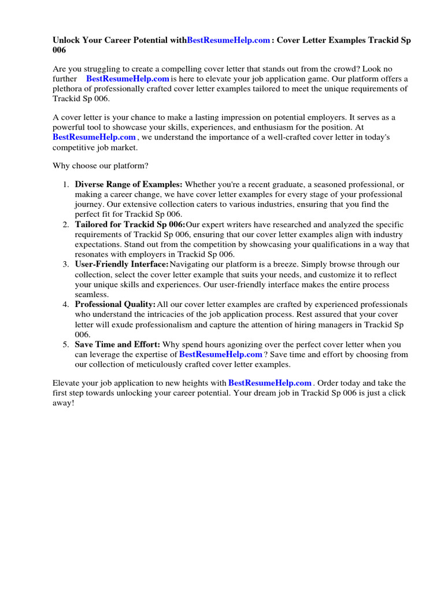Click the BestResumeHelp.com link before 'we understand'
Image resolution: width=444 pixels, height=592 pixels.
pyautogui.click(x=94, y=138)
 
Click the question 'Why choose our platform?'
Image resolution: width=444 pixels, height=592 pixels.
pyautogui.click(x=101, y=166)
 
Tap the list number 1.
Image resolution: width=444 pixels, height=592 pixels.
pyautogui.click(x=65, y=184)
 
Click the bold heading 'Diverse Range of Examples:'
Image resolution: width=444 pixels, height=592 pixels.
pyautogui.click(x=128, y=184)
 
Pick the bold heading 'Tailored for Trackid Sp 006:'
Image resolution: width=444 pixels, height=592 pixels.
pyautogui.click(x=130, y=224)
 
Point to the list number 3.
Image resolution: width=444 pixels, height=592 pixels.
pyautogui.click(x=65, y=264)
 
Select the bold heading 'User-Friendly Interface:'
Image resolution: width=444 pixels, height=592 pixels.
pyautogui.click(x=121, y=264)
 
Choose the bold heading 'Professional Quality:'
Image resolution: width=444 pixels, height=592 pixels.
pyautogui.click(x=115, y=304)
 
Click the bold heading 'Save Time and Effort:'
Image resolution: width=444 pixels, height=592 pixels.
pyautogui.click(x=117, y=345)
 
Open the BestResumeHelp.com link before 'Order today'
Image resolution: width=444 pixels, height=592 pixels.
pyautogui.click(x=270, y=383)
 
